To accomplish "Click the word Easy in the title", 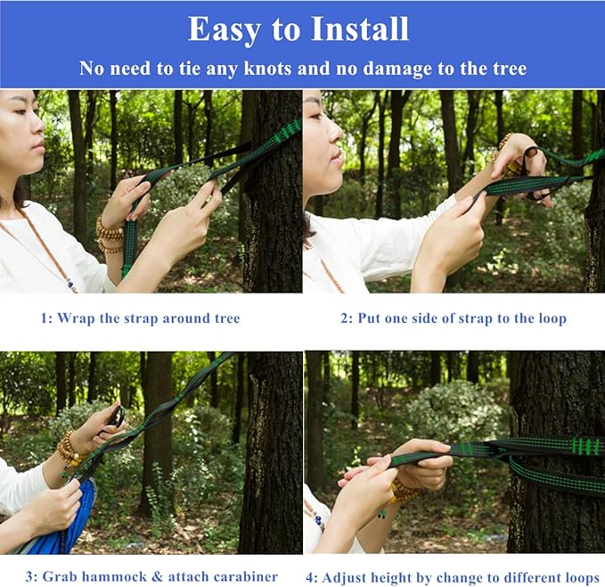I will (225, 29).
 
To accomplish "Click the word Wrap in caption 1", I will (78, 318).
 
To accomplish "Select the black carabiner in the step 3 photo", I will (116, 416).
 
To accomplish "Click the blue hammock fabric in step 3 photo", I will (76, 526).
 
